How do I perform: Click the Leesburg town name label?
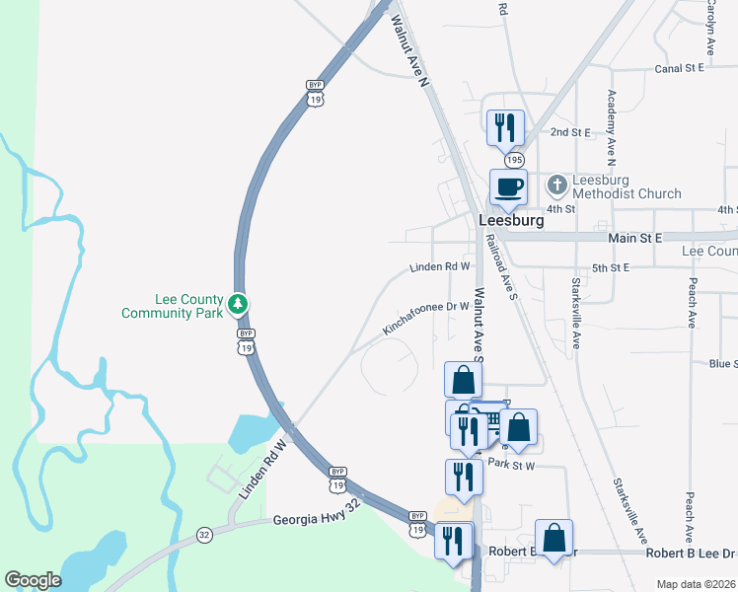(x=510, y=221)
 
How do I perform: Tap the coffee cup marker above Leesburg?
(x=509, y=187)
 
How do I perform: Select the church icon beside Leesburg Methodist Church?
(x=557, y=185)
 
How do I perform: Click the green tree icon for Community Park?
(x=237, y=305)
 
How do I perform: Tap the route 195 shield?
(x=513, y=159)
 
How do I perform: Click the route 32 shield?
(x=204, y=535)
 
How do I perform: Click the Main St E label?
(x=635, y=238)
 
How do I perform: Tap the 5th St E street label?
(x=610, y=267)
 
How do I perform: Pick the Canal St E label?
(x=679, y=69)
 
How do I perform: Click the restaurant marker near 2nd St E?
(x=505, y=128)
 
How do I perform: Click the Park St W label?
(x=511, y=465)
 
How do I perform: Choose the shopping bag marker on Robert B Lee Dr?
(x=553, y=539)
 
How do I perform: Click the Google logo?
(x=35, y=579)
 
